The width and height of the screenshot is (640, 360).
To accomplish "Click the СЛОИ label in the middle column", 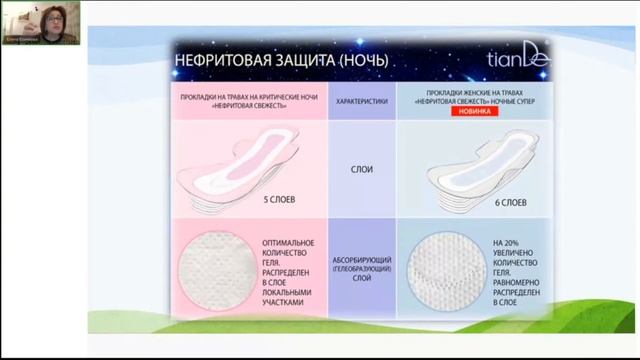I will (362, 170).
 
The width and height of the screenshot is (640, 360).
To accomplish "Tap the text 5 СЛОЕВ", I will (279, 200).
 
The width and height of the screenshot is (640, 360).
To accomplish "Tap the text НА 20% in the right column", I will (506, 242).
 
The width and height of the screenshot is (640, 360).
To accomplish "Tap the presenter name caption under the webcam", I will (22, 39).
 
